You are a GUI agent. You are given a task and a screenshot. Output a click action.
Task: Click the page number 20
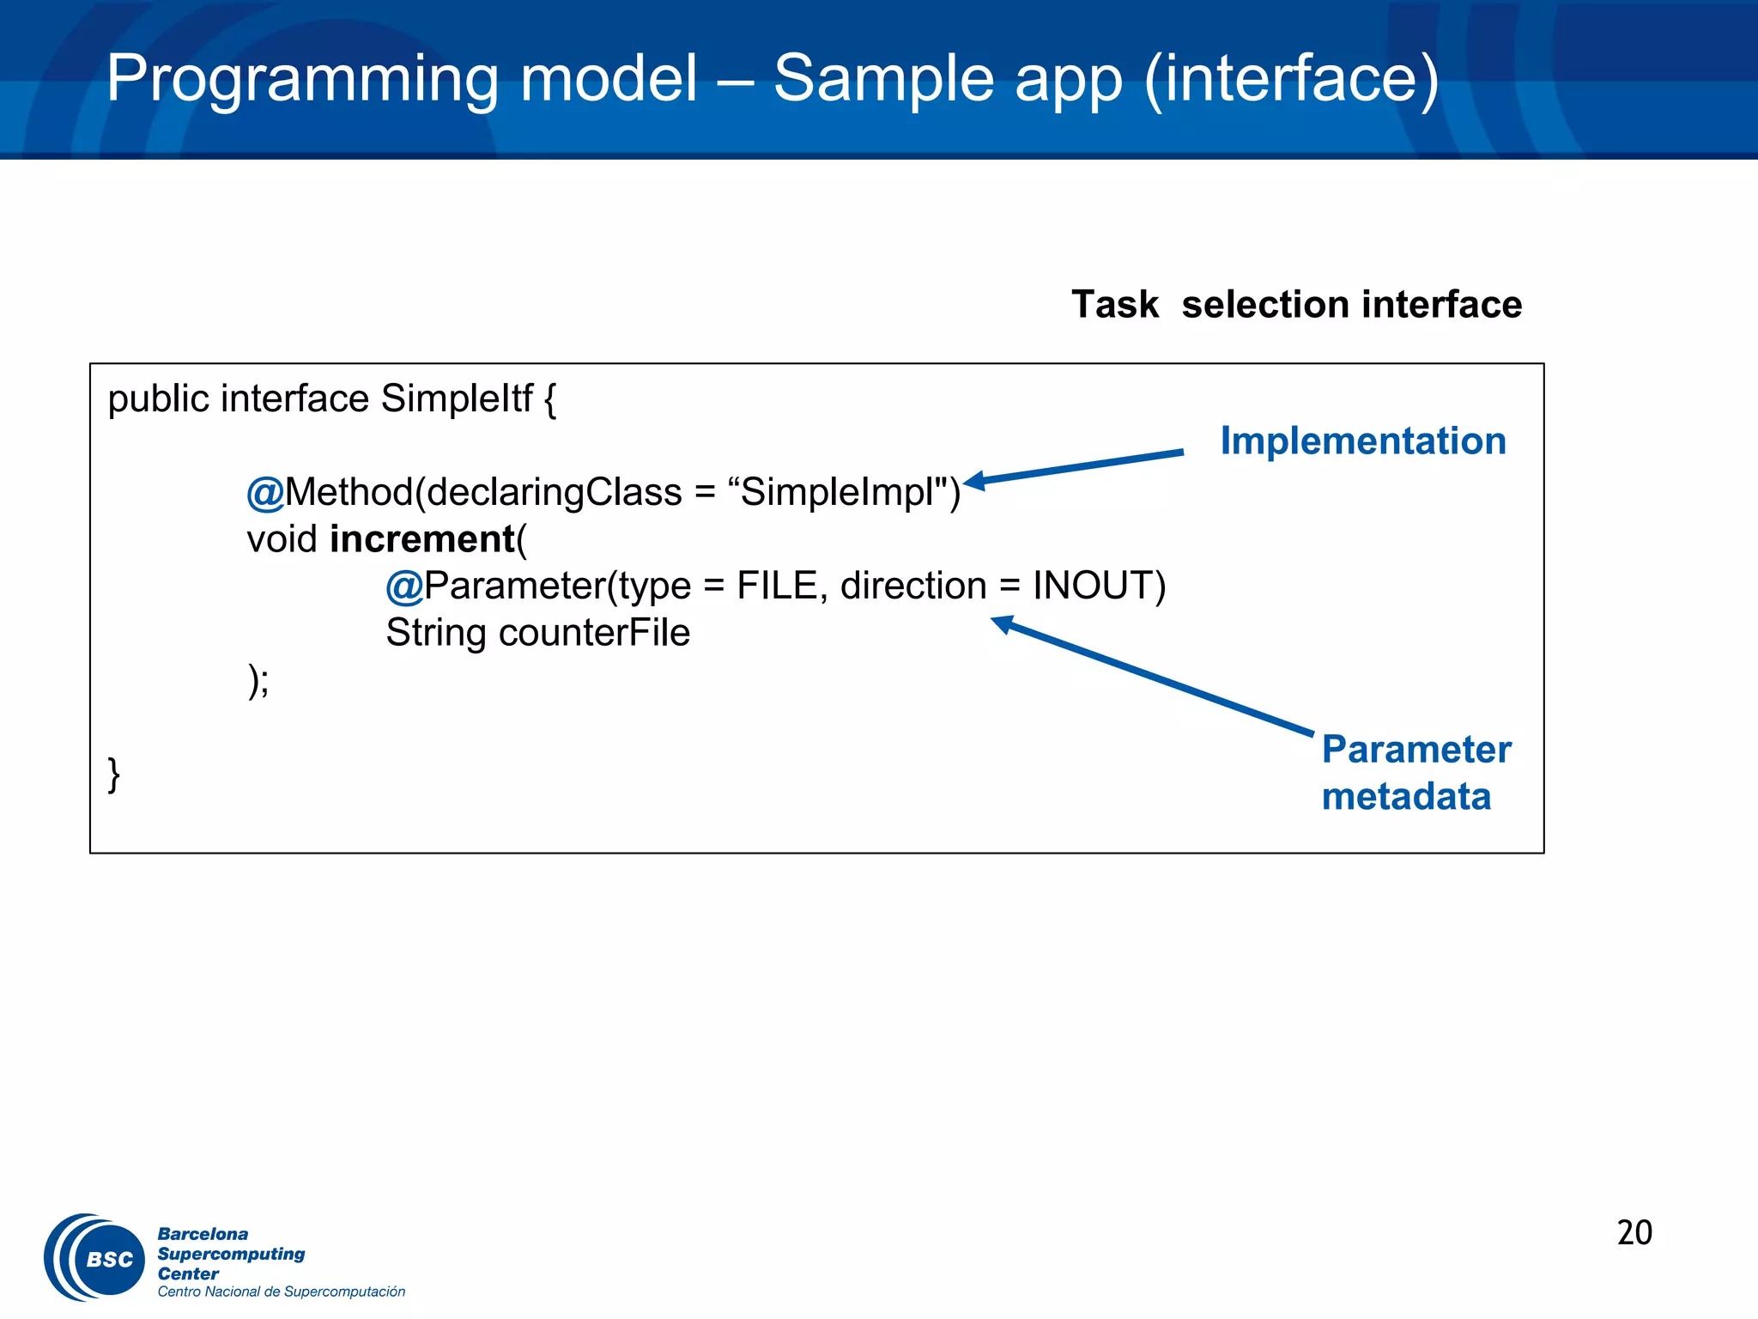pyautogui.click(x=1634, y=1232)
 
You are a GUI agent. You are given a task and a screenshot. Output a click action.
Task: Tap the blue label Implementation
pyautogui.click(x=1363, y=441)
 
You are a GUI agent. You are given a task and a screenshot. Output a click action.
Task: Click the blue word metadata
pyautogui.click(x=1406, y=796)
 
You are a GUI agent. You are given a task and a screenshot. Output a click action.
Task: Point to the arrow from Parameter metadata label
pyautogui.click(x=1150, y=675)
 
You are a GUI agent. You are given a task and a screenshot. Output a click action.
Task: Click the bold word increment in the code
pyautogui.click(x=422, y=539)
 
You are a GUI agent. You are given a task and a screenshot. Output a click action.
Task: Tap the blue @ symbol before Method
pyautogui.click(x=264, y=493)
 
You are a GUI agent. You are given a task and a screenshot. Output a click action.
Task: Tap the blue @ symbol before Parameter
pyautogui.click(x=403, y=587)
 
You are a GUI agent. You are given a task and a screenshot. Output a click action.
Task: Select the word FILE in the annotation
pyautogui.click(x=777, y=586)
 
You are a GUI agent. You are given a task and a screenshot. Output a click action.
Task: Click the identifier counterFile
pyautogui.click(x=594, y=633)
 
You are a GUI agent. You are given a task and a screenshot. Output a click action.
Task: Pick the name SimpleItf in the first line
pyautogui.click(x=457, y=398)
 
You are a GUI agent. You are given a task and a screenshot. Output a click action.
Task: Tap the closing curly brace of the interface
pyautogui.click(x=113, y=775)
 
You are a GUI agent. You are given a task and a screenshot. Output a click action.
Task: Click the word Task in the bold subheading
pyautogui.click(x=1114, y=304)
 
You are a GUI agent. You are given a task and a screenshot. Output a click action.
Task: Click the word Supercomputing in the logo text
pyautogui.click(x=231, y=1254)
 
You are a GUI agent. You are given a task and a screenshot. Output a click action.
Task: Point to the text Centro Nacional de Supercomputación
pyautogui.click(x=281, y=1292)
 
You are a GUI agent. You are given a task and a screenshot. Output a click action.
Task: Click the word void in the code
pyautogui.click(x=282, y=539)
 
